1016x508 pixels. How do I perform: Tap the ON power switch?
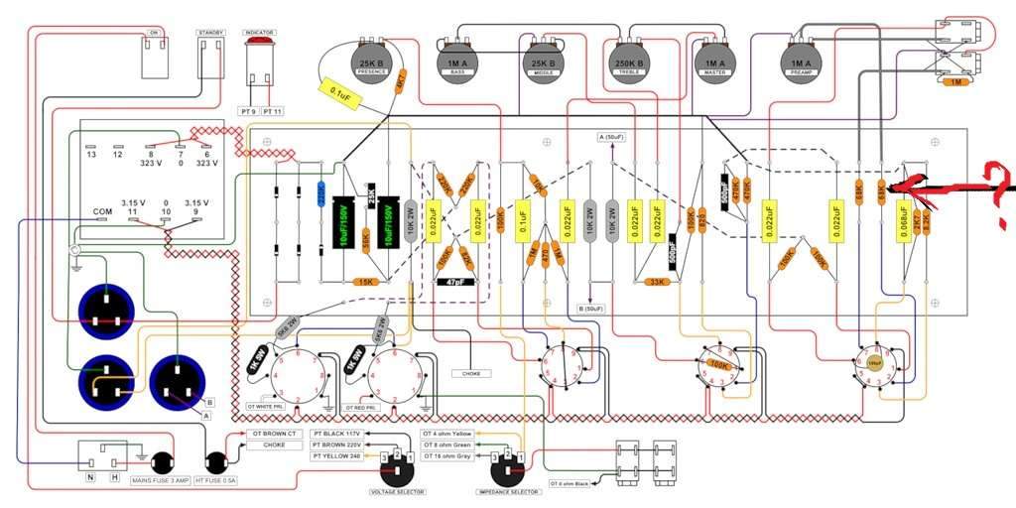click(x=154, y=56)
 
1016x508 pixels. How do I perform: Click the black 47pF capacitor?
click(x=456, y=282)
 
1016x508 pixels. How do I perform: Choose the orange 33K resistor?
click(x=657, y=282)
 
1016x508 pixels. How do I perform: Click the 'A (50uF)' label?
click(x=612, y=136)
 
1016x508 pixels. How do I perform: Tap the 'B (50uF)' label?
click(x=590, y=309)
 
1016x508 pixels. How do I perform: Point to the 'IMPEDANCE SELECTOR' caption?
click(x=510, y=491)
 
